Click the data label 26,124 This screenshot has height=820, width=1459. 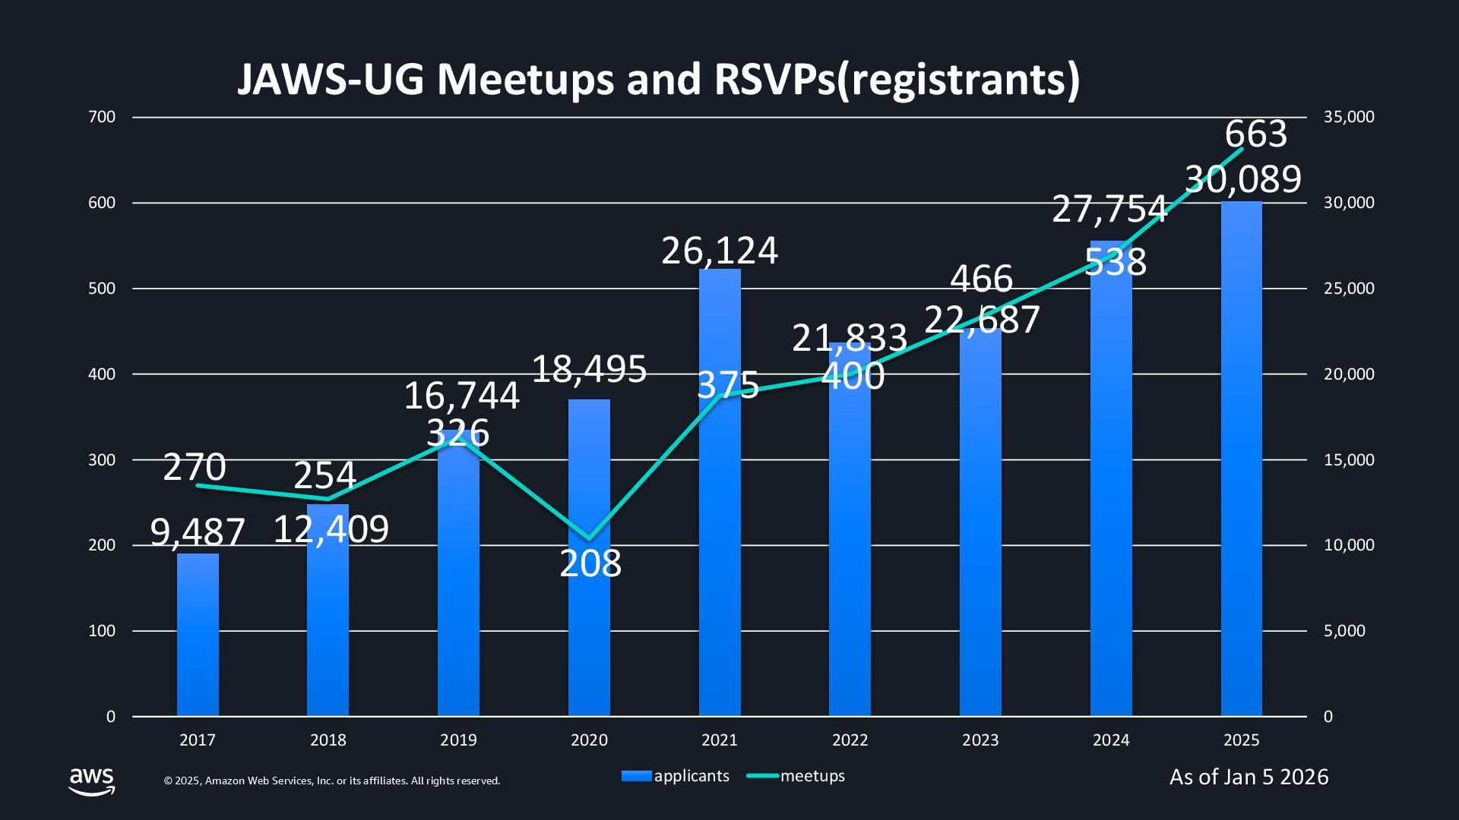(720, 251)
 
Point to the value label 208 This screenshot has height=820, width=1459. (590, 563)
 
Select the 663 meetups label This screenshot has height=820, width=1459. (1255, 134)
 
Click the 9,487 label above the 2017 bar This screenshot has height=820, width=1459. (198, 532)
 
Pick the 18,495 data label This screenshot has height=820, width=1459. (589, 370)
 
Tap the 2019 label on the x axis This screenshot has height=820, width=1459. (458, 740)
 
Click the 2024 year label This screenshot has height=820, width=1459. (1111, 740)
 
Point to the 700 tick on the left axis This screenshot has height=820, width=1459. (102, 117)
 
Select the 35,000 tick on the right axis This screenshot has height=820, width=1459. (1349, 117)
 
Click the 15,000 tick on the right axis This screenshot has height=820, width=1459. (1349, 460)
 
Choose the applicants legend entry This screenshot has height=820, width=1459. (676, 776)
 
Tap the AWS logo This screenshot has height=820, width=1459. (92, 781)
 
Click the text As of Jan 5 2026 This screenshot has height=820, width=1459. (1249, 777)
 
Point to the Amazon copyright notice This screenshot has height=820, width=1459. (332, 781)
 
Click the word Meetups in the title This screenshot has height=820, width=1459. (524, 79)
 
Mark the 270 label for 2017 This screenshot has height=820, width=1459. (195, 467)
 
